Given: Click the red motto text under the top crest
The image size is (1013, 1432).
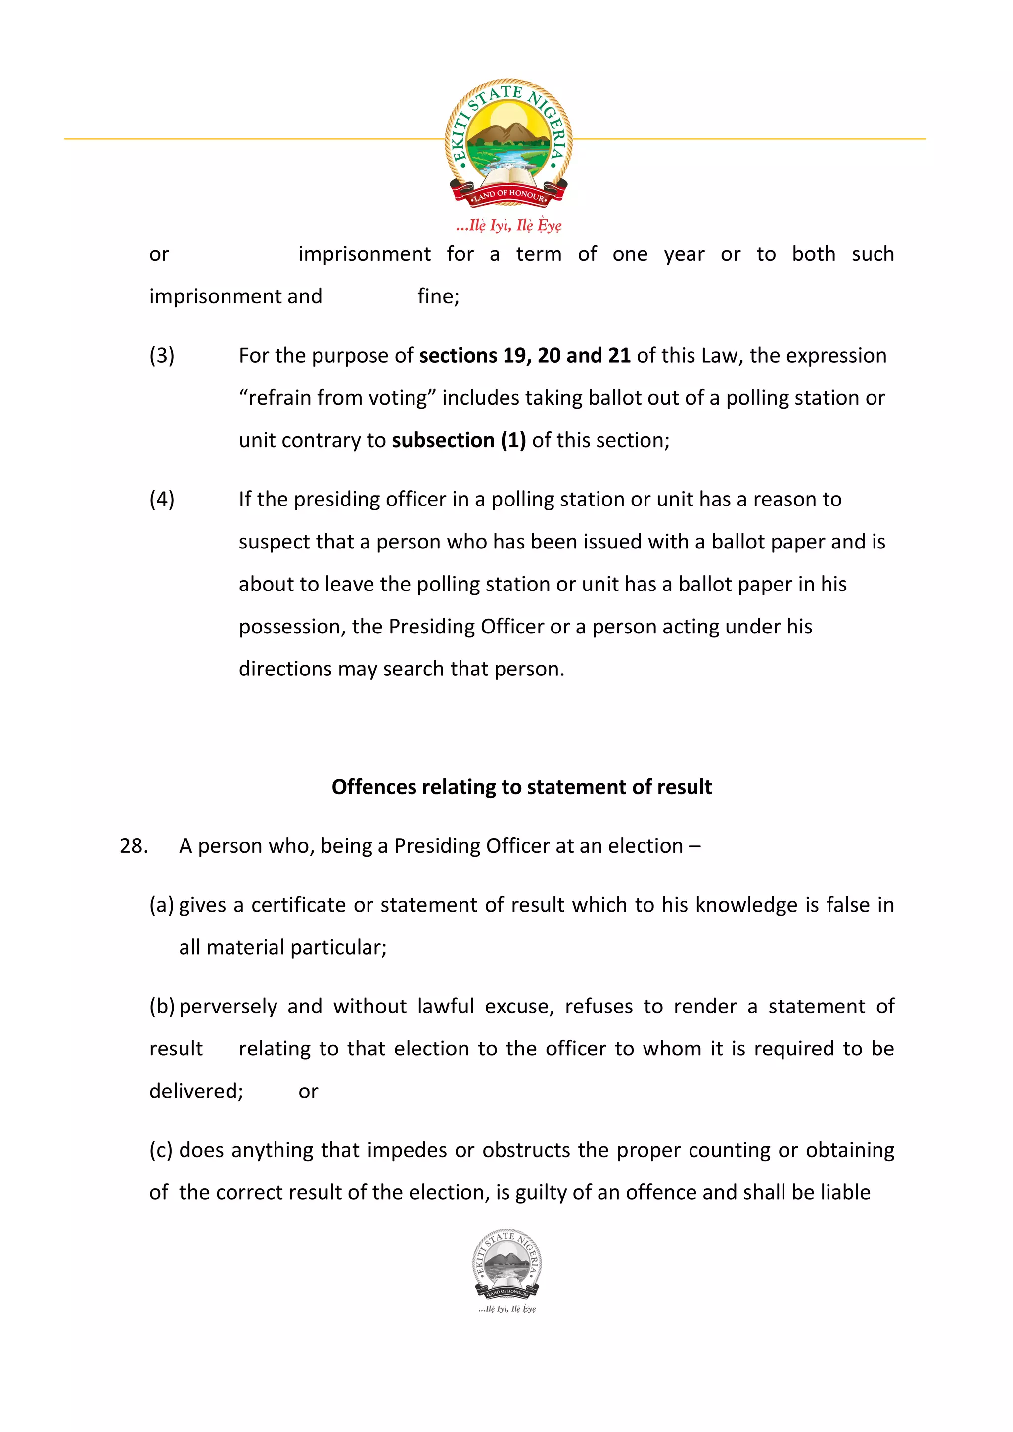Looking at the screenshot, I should [x=508, y=225].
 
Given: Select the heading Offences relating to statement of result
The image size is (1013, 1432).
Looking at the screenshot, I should [x=521, y=787].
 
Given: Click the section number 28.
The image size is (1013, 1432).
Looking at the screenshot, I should [x=134, y=846].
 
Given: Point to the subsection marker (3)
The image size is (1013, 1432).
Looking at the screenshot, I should [x=162, y=355].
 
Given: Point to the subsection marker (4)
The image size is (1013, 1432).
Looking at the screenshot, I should [x=162, y=499].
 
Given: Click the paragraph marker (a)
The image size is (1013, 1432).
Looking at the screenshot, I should [x=162, y=905].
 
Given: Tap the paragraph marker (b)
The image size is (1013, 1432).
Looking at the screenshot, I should [x=162, y=1007].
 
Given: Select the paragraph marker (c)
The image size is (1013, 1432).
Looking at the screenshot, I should [x=161, y=1150].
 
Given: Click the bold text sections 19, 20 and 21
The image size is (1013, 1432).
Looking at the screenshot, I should [x=524, y=355].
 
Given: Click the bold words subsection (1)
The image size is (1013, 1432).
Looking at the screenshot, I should [x=459, y=440].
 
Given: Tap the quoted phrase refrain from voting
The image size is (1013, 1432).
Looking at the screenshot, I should [x=338, y=398].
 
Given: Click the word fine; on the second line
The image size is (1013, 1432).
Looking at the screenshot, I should [x=438, y=296].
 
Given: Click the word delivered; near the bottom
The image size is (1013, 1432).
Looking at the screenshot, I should [x=196, y=1092].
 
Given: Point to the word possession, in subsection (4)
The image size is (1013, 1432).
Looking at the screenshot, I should [x=292, y=626].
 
